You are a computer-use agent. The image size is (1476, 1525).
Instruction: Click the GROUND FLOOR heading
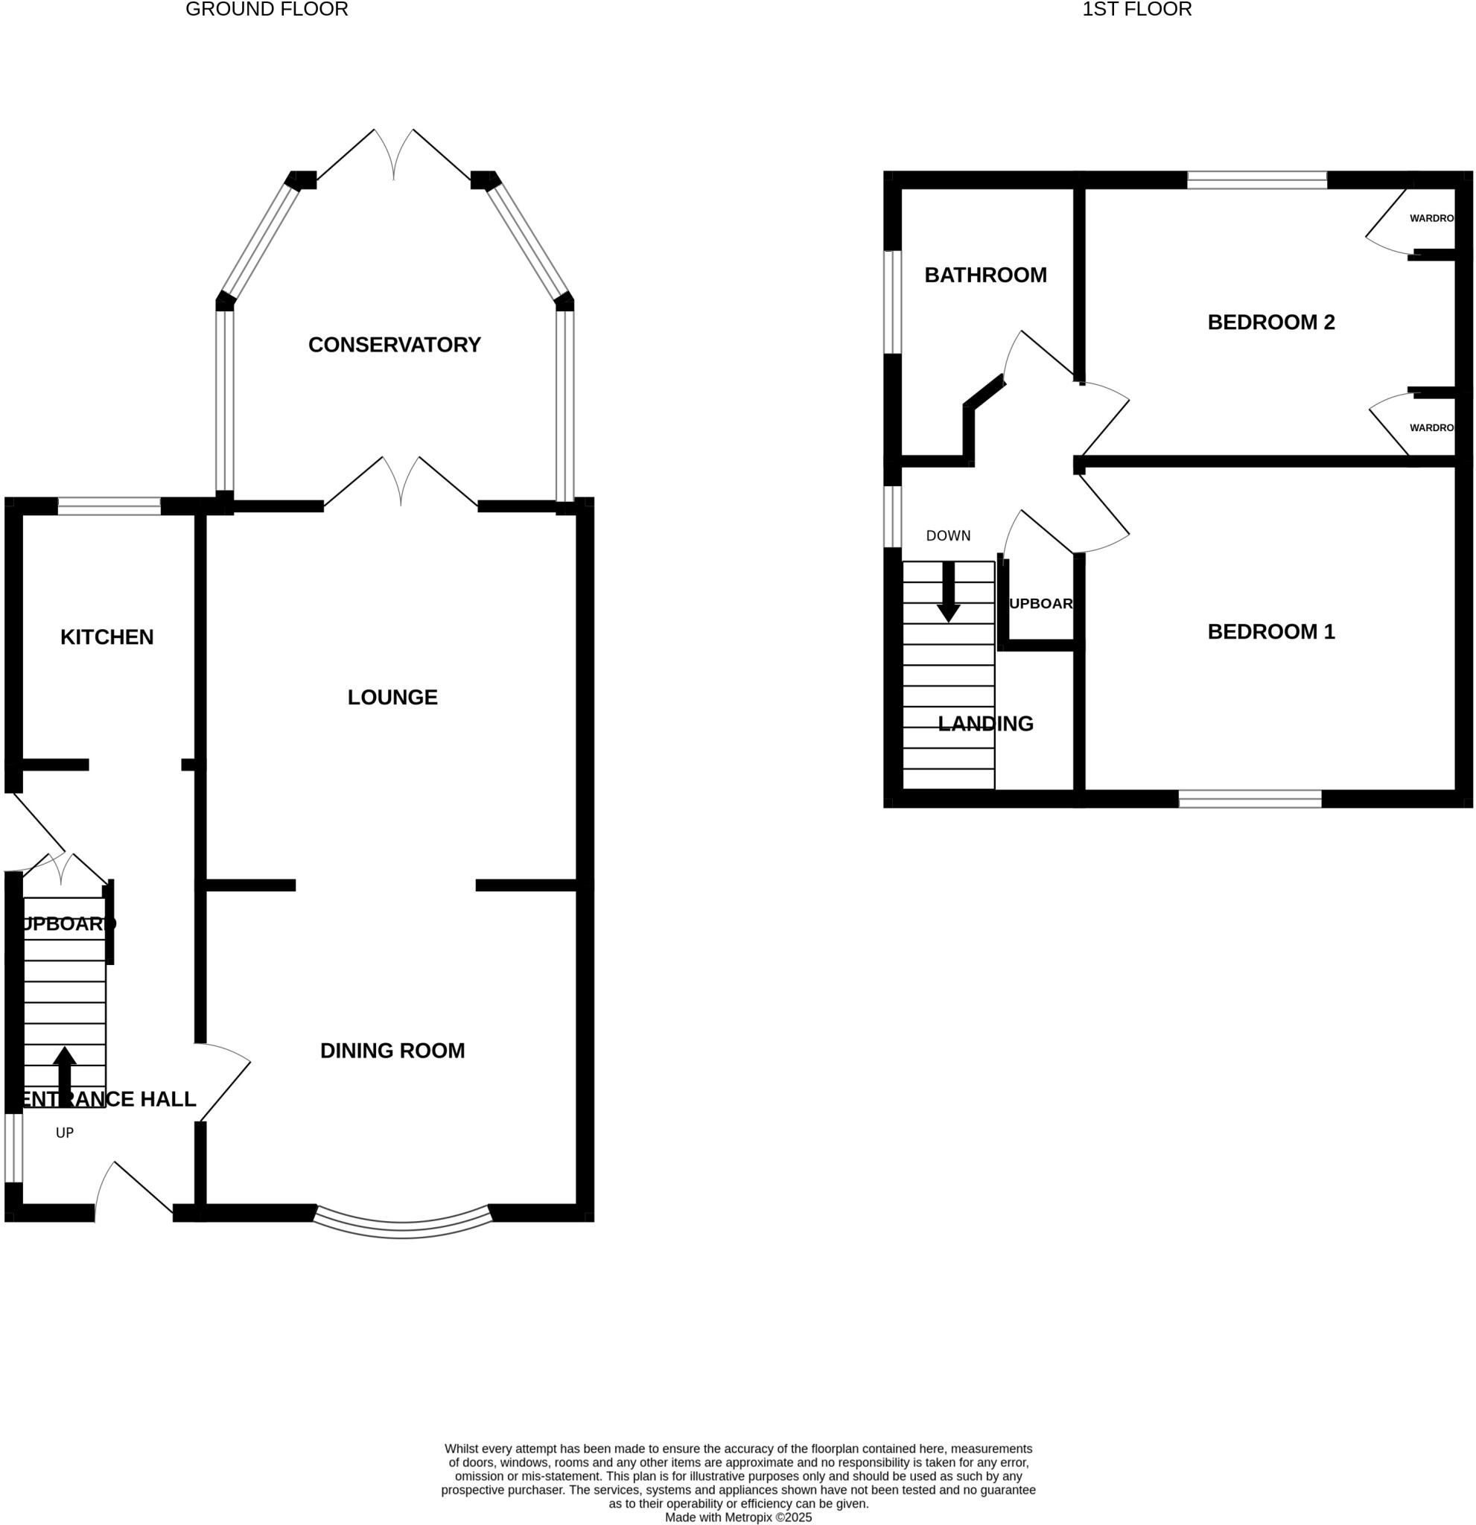(x=266, y=10)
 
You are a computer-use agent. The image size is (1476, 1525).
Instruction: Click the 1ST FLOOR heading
(x=1136, y=10)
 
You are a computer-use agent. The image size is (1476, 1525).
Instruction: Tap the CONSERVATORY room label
(x=394, y=345)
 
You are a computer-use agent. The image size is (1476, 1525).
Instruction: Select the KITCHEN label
(x=106, y=637)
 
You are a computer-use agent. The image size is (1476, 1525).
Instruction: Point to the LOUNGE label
(x=392, y=697)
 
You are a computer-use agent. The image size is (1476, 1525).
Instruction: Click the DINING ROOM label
(x=392, y=1051)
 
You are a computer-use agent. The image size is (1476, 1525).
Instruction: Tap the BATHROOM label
(x=985, y=275)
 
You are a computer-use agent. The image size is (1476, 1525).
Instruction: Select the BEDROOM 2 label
(x=1270, y=322)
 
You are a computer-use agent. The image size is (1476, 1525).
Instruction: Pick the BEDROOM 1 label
(x=1270, y=631)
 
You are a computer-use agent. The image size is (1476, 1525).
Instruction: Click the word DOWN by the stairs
(x=948, y=535)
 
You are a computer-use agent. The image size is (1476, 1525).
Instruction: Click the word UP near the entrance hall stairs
(x=65, y=1133)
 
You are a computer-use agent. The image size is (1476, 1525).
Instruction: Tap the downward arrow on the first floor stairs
(x=948, y=595)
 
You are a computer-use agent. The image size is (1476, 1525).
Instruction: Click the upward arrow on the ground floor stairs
(x=65, y=1074)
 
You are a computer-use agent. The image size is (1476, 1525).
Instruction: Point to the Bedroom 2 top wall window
(x=1256, y=179)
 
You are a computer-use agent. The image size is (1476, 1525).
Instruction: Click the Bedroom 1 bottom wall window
(x=1250, y=798)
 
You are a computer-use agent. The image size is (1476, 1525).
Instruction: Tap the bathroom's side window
(x=892, y=302)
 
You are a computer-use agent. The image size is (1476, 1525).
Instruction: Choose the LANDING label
(x=985, y=724)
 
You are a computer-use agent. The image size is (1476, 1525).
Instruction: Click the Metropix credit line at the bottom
(x=737, y=1518)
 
